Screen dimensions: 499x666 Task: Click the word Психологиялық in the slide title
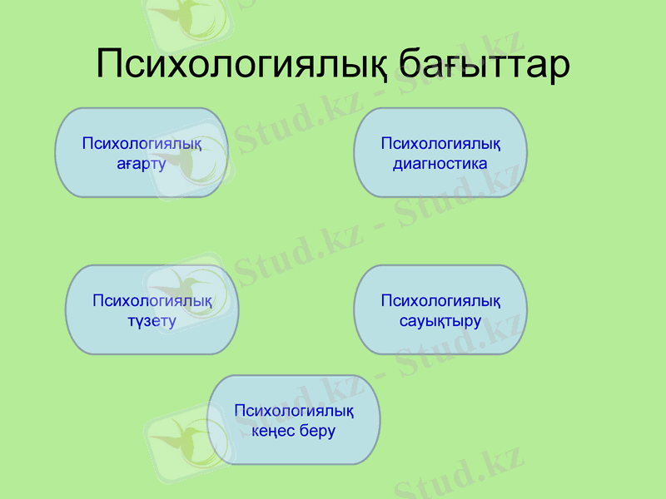point(241,64)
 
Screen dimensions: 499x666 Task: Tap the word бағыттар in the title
point(485,64)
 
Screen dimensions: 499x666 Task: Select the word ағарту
point(142,163)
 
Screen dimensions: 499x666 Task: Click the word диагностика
point(440,163)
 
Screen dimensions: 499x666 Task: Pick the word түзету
point(152,320)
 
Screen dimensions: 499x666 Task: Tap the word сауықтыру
point(440,320)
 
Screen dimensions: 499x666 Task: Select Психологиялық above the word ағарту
point(142,143)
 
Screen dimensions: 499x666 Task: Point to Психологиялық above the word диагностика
point(440,143)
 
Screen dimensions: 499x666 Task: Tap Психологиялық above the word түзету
point(152,300)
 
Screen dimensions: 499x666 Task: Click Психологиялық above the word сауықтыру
point(440,300)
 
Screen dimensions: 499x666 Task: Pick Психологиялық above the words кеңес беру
point(294,411)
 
